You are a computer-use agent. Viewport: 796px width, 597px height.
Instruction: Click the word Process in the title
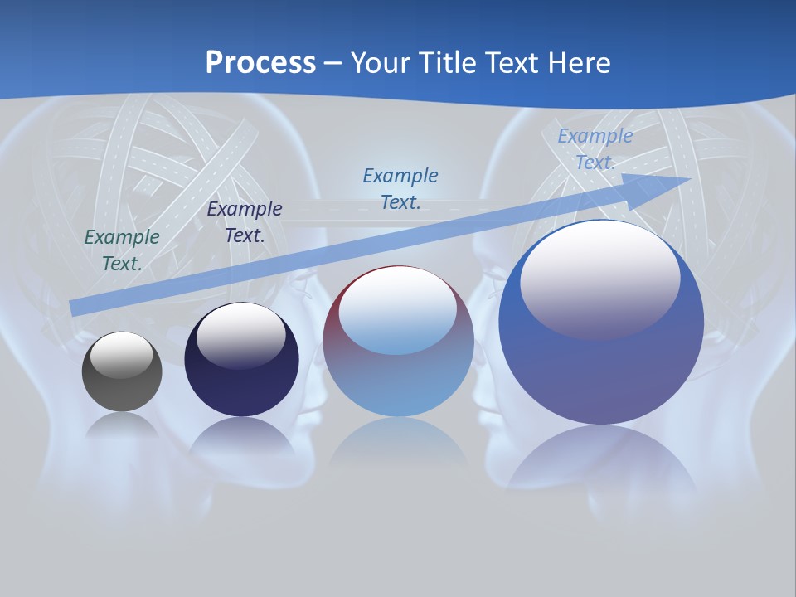click(260, 62)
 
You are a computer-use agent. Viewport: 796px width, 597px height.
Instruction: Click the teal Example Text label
click(122, 250)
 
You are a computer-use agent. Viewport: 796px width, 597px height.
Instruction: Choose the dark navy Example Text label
click(245, 221)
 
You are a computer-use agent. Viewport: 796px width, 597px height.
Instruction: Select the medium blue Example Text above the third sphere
click(400, 188)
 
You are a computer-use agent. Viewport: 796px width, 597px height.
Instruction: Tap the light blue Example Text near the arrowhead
click(595, 149)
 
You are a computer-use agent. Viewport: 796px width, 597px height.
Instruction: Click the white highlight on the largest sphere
click(600, 278)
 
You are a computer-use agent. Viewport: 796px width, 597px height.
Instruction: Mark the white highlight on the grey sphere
click(122, 355)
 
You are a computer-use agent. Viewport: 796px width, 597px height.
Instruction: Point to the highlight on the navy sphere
click(240, 335)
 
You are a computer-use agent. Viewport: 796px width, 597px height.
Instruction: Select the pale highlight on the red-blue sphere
click(397, 312)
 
